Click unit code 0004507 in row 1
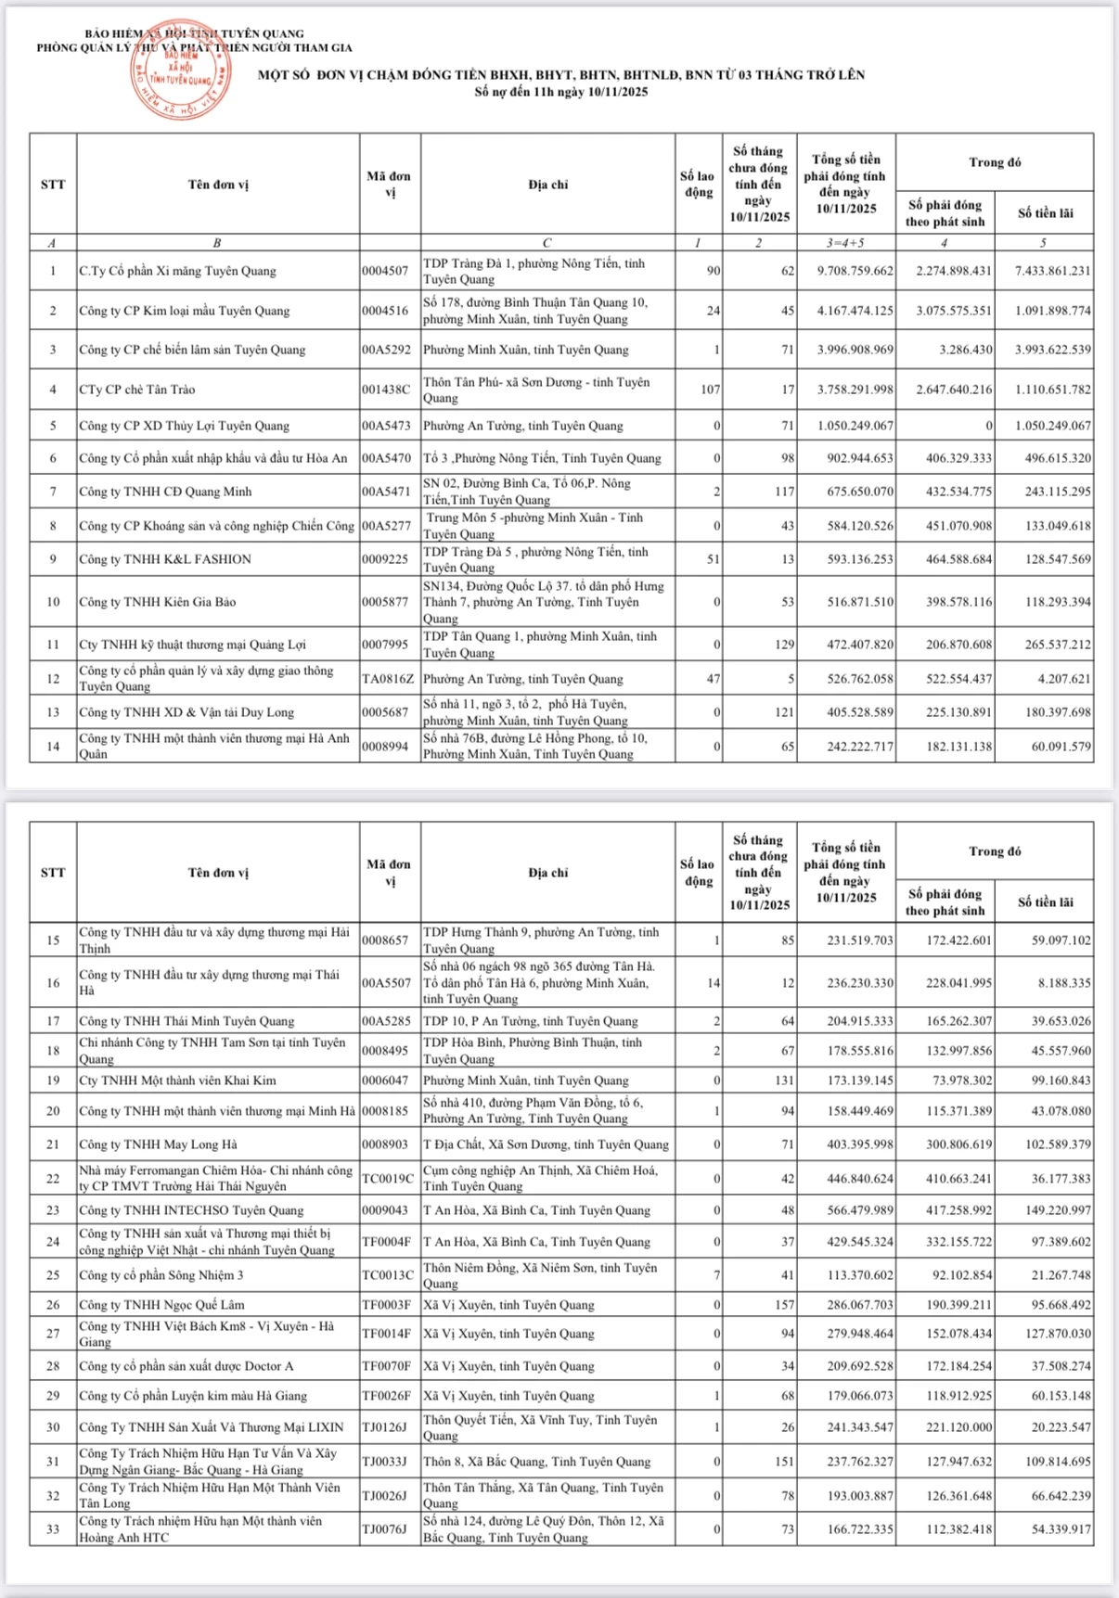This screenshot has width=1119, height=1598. pos(385,271)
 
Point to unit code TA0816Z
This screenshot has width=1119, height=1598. pos(388,679)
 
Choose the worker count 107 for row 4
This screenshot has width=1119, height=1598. pos(710,390)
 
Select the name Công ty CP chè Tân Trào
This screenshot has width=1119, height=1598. pos(137,390)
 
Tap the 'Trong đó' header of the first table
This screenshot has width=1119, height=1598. pos(995,162)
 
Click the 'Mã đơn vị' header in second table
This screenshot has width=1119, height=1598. pos(389,872)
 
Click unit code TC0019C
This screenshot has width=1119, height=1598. pos(388,1179)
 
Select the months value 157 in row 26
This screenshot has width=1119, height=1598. pos(784,1305)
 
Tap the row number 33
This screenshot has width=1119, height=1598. pos(53,1529)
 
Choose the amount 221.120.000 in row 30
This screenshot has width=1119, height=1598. pos(958,1427)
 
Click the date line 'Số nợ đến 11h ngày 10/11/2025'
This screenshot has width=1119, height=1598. pos(561,92)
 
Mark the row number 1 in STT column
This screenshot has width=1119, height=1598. pos(53,271)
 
